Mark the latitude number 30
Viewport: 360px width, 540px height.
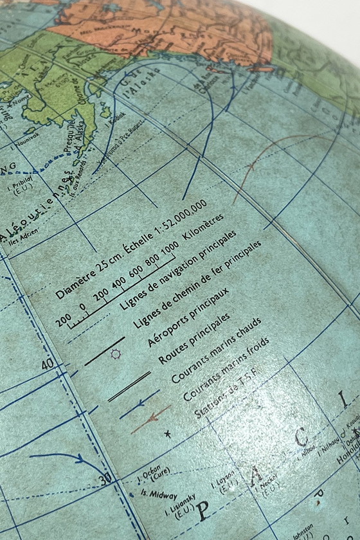[x=105, y=478]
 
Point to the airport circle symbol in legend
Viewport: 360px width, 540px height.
[x=116, y=355]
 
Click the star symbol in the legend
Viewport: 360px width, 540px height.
[x=168, y=435]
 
